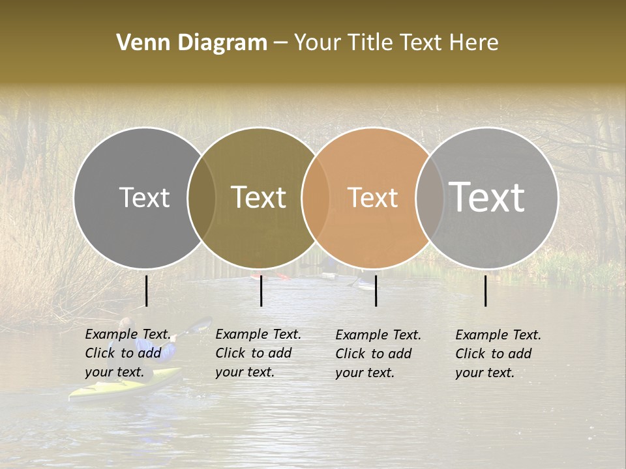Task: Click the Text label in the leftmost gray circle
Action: click(x=144, y=197)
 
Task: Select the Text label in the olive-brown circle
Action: click(x=259, y=197)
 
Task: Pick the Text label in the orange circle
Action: click(x=372, y=197)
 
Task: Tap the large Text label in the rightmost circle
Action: click(x=487, y=197)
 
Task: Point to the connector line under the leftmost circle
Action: click(x=147, y=291)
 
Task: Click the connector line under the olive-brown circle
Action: click(x=261, y=291)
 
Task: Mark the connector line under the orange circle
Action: click(x=376, y=291)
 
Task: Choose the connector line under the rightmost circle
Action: click(x=486, y=291)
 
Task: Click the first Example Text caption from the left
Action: click(x=128, y=353)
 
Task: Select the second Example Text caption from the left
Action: click(x=258, y=352)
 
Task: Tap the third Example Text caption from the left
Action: click(x=378, y=354)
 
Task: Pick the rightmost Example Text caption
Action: click(x=498, y=354)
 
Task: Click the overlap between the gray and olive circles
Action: click(x=201, y=197)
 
